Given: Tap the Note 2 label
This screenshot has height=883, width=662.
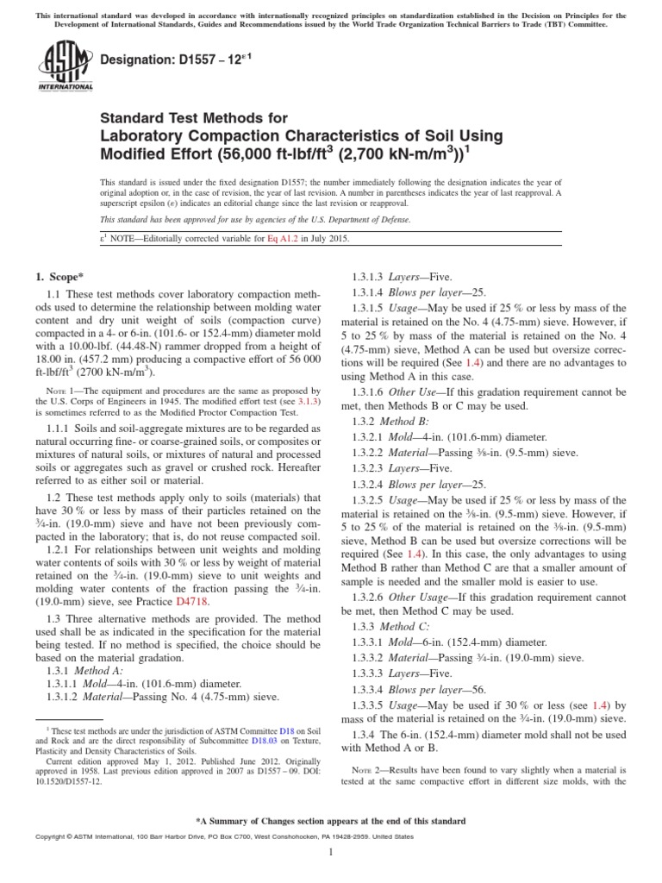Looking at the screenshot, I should tap(366, 769).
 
